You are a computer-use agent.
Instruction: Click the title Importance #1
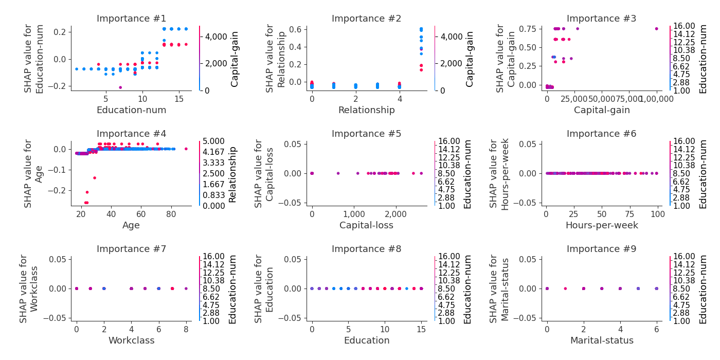pyautogui.click(x=131, y=19)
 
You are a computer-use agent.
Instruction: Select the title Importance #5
pyautogui.click(x=366, y=134)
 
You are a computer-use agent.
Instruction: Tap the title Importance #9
pyautogui.click(x=601, y=249)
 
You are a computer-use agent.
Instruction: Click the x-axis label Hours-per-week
pyautogui.click(x=601, y=225)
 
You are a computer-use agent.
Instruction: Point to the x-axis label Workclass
pyautogui.click(x=131, y=340)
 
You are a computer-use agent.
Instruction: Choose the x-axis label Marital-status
pyautogui.click(x=601, y=340)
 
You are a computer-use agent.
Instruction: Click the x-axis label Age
pyautogui.click(x=131, y=225)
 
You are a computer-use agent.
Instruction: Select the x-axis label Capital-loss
pyautogui.click(x=366, y=225)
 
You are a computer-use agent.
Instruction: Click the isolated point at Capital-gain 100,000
pyautogui.click(x=656, y=29)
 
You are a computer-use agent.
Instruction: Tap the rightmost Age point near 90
pyautogui.click(x=186, y=149)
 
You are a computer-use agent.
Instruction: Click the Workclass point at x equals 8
pyautogui.click(x=186, y=289)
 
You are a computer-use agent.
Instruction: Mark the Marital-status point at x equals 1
pyautogui.click(x=565, y=289)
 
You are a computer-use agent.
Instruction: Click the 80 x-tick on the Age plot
pyautogui.click(x=171, y=213)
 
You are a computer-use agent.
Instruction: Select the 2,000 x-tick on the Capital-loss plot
pyautogui.click(x=395, y=213)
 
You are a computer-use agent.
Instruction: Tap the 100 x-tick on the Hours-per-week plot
pyautogui.click(x=656, y=213)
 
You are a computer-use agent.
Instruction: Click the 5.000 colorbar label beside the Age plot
pyautogui.click(x=213, y=141)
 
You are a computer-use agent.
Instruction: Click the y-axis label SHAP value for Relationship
pyautogui.click(x=275, y=58)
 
